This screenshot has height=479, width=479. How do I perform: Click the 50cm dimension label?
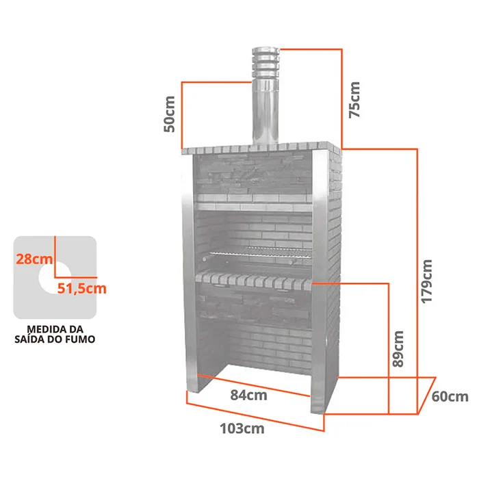coord(170,114)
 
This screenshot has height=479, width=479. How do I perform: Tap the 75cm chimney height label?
coord(354,100)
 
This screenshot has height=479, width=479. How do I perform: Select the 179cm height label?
coord(427,281)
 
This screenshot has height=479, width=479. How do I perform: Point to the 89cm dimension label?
coord(398,348)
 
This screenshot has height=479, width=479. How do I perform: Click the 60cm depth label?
coord(450,396)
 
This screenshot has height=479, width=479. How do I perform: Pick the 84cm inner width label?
coord(248,395)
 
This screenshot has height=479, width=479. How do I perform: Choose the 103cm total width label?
coord(242,428)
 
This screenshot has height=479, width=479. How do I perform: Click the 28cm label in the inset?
coord(34,259)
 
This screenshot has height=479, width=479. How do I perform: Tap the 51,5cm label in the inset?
coord(82,288)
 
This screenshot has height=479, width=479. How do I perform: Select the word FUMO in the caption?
coord(82,339)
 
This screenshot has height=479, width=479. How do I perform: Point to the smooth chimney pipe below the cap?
coord(266,113)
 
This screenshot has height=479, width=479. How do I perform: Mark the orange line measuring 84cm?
coord(254,385)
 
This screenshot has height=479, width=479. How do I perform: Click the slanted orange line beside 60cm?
coord(427,396)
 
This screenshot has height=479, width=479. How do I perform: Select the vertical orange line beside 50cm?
coord(182,115)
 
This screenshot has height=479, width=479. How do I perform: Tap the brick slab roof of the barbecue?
coord(261,148)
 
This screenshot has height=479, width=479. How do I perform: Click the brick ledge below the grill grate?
coord(254,281)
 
